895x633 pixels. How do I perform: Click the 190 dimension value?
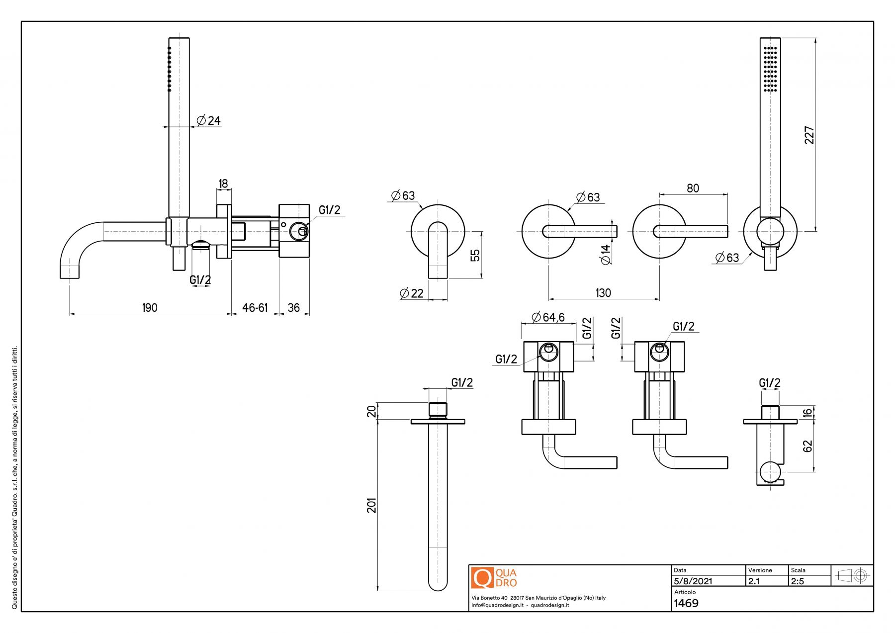click(150, 308)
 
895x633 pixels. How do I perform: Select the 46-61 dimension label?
click(255, 308)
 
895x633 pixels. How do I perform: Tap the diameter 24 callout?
click(209, 120)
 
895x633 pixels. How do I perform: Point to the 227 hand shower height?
click(809, 135)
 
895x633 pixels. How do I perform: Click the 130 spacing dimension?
click(603, 293)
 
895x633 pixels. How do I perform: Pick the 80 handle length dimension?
click(693, 188)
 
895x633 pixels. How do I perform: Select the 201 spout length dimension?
click(372, 505)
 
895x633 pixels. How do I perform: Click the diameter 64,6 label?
click(548, 317)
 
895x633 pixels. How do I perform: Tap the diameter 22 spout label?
click(412, 293)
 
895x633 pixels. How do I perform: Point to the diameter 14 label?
click(606, 255)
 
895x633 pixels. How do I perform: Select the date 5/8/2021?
click(693, 581)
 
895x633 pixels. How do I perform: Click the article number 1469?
click(686, 603)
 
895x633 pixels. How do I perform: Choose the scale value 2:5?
click(798, 581)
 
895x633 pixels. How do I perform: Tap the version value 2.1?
click(754, 581)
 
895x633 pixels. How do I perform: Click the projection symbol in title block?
click(852, 576)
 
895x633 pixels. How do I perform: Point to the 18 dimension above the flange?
click(223, 183)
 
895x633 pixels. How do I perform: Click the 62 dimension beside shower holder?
click(808, 446)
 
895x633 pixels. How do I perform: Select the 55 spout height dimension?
click(475, 255)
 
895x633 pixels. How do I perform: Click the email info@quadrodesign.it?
click(497, 605)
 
